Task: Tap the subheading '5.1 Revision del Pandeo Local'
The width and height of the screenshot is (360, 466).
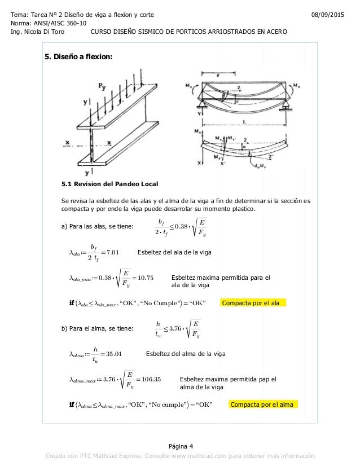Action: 110,184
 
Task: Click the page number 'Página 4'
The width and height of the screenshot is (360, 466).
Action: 180,446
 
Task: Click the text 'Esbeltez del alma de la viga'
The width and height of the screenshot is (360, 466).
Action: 186,354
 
